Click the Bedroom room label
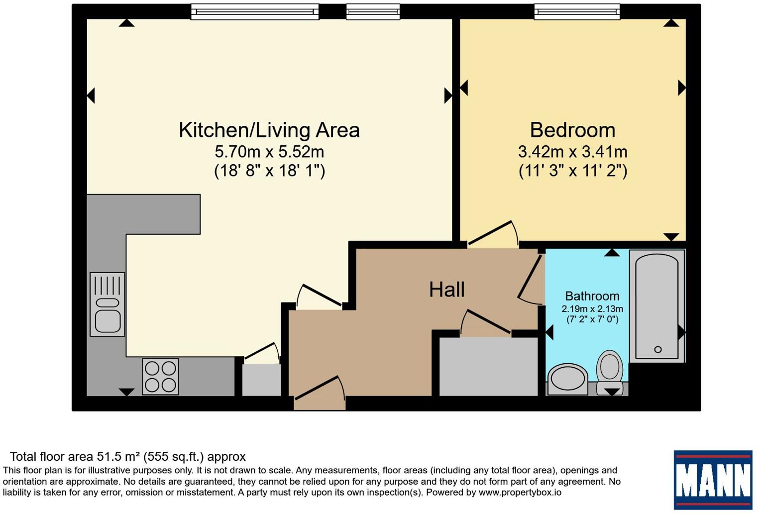[x=572, y=130]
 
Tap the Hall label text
[x=446, y=290]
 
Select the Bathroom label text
[x=592, y=296]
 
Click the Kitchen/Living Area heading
[x=269, y=130]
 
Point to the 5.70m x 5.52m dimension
[x=269, y=152]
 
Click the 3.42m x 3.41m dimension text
[x=572, y=152]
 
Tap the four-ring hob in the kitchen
[x=160, y=376]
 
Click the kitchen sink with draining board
[x=108, y=305]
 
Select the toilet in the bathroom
[x=610, y=372]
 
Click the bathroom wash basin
[x=568, y=379]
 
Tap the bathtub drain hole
[x=657, y=349]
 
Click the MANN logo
[x=713, y=480]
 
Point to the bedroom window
[x=577, y=12]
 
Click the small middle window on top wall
[x=373, y=12]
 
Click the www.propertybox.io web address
[x=520, y=492]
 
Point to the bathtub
[x=657, y=306]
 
